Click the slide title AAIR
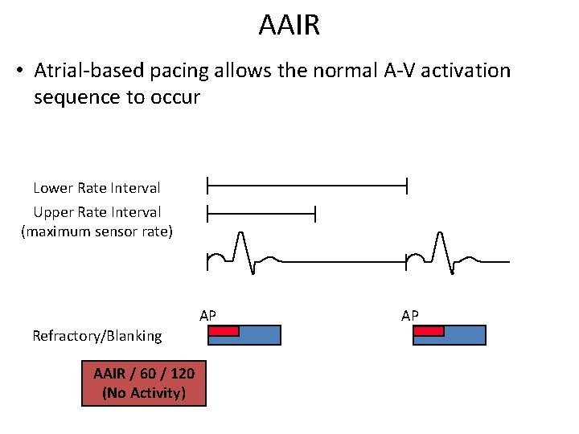click(x=289, y=26)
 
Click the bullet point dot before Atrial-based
click(x=18, y=72)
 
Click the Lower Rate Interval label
click(x=96, y=188)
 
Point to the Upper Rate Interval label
click(x=96, y=212)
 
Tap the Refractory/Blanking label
click(x=96, y=336)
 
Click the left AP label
click(x=207, y=315)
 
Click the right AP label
click(x=410, y=315)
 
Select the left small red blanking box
click(x=224, y=330)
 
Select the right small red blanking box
click(x=429, y=330)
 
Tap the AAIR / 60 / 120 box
click(x=144, y=383)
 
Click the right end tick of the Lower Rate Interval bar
click(x=407, y=187)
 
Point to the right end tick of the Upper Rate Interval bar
click(x=315, y=213)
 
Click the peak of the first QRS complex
click(x=239, y=234)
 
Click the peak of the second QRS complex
click(x=439, y=234)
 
